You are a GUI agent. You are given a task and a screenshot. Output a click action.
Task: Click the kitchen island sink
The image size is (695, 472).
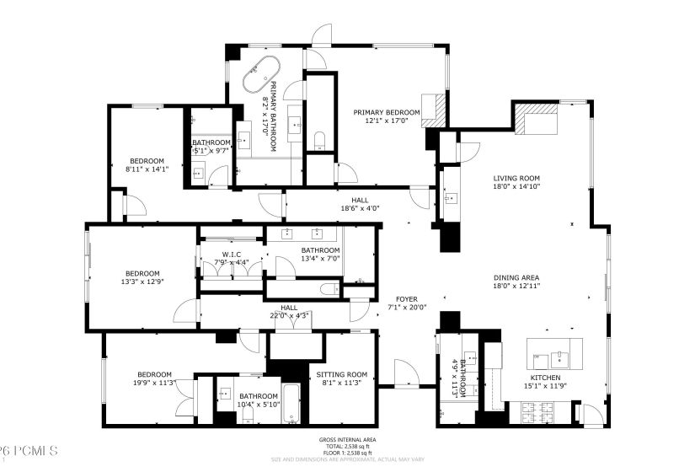click(x=557, y=355)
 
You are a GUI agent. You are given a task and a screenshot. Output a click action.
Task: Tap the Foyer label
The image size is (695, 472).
click(x=407, y=299)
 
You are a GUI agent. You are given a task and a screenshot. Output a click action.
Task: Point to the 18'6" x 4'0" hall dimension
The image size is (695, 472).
click(x=360, y=209)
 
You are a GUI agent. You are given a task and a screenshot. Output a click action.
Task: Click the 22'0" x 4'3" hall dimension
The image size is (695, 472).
click(x=289, y=316)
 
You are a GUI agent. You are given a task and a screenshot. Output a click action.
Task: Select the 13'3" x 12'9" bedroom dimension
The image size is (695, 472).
click(x=142, y=282)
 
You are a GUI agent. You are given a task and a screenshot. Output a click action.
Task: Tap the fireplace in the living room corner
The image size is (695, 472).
click(x=532, y=121)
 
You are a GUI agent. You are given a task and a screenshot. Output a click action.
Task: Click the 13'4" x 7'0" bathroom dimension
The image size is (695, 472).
click(x=320, y=260)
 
